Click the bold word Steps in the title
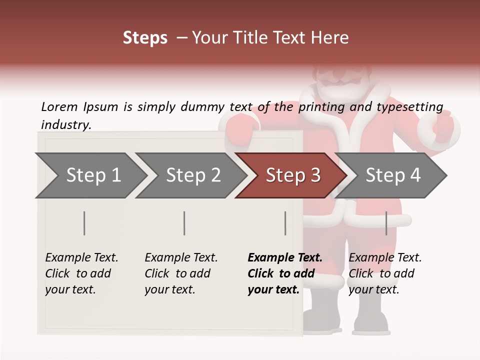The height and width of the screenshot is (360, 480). [145, 38]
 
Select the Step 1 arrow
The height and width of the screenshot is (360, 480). [93, 175]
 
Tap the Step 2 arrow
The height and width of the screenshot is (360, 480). [193, 175]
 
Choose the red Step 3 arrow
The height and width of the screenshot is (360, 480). [292, 175]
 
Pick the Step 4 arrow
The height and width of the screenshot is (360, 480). [392, 175]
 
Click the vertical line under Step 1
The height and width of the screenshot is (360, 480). [84, 223]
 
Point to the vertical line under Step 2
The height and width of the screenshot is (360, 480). [184, 223]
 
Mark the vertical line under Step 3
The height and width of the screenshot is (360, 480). [285, 223]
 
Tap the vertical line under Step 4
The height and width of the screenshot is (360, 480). [386, 223]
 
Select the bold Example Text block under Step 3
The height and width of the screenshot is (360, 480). [284, 273]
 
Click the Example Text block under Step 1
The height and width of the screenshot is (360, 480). [81, 273]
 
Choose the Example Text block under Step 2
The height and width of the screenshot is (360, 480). [181, 273]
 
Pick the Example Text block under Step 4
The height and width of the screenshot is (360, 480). [385, 273]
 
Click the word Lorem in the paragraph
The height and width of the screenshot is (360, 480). [59, 106]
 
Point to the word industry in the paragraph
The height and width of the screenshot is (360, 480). [66, 124]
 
